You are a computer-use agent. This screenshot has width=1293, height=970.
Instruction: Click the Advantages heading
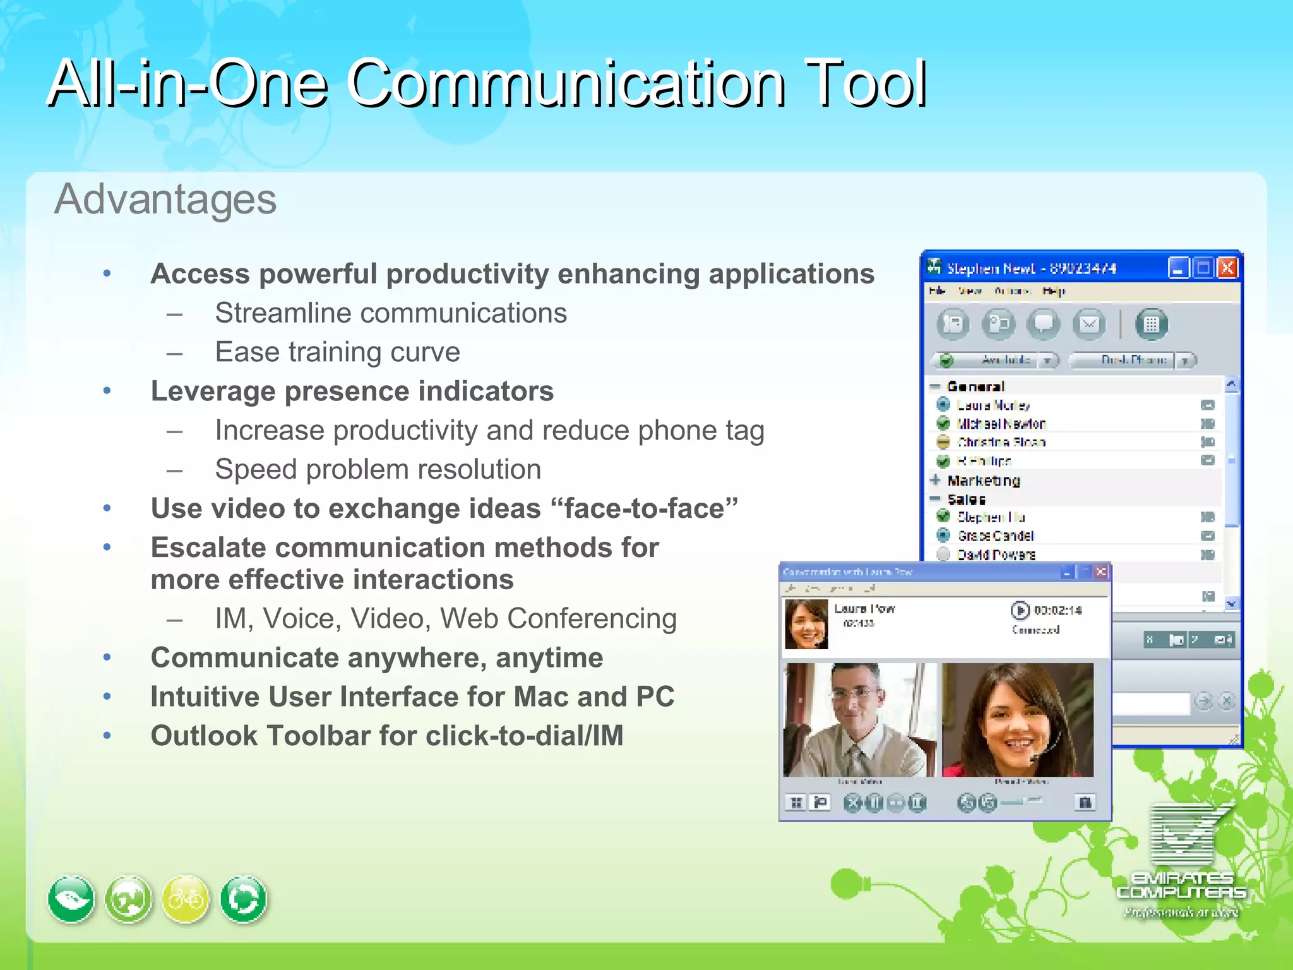pos(165,200)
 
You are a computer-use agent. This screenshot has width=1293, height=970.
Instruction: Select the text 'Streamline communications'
pos(391,313)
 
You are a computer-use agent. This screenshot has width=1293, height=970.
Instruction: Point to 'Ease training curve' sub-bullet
pos(337,352)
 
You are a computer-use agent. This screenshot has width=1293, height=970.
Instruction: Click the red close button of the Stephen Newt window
pos(1227,268)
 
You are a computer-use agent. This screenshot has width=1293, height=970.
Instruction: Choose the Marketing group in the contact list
pos(983,481)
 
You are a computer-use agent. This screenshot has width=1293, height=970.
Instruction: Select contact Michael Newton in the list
pos(1001,424)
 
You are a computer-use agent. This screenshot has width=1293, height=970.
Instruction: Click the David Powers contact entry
pos(996,555)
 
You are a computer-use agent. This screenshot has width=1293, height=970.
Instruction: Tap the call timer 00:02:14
pos(1058,611)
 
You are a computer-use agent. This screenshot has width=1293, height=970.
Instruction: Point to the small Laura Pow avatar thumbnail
pos(806,624)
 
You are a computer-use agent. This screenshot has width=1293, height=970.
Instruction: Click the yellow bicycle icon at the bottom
pos(186,899)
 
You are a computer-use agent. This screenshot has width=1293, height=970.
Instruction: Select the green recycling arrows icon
pos(244,899)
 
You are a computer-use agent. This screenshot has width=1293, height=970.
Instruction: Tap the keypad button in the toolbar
pos(1151,325)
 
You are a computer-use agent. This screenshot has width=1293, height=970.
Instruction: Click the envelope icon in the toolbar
pos(1089,325)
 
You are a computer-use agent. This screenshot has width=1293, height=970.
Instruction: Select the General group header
pos(975,386)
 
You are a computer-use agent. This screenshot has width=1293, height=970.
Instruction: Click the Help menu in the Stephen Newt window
pos(1053,291)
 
